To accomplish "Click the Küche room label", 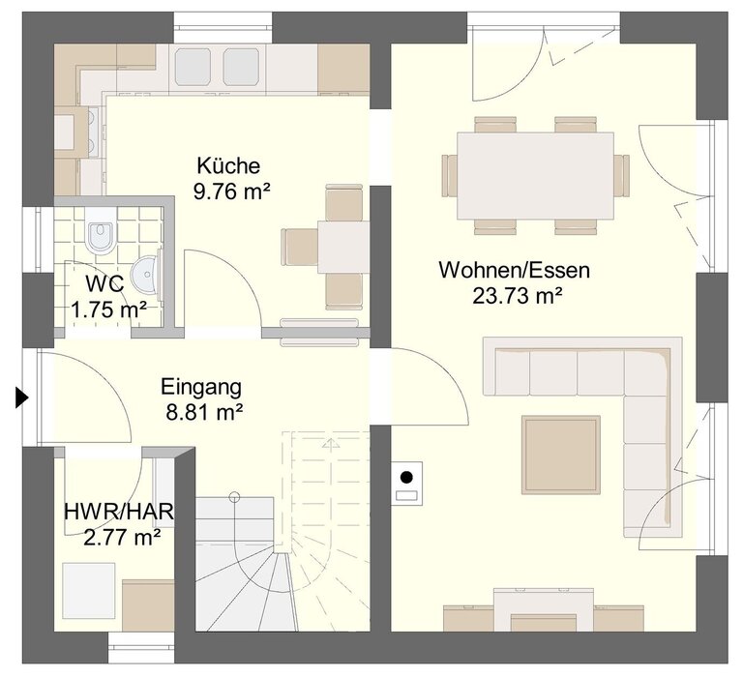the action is pyautogui.click(x=228, y=165).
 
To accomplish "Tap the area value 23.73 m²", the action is pyautogui.click(x=517, y=297).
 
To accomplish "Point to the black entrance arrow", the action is pyautogui.click(x=22, y=397).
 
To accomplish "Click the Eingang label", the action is pyautogui.click(x=201, y=387).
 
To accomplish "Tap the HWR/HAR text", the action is pyautogui.click(x=118, y=513).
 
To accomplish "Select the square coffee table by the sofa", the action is pyautogui.click(x=561, y=455).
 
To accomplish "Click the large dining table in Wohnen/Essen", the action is pyautogui.click(x=535, y=176).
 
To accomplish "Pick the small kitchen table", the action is pyautogui.click(x=343, y=247).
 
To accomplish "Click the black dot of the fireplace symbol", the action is pyautogui.click(x=406, y=477).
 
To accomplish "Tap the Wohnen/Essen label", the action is pyautogui.click(x=514, y=270).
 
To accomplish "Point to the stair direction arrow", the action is pyautogui.click(x=331, y=444).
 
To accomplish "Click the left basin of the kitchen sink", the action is pyautogui.click(x=193, y=67).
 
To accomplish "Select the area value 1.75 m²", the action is pyautogui.click(x=108, y=310).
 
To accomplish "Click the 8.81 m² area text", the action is pyautogui.click(x=204, y=412).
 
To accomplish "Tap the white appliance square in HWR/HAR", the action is pyautogui.click(x=89, y=590).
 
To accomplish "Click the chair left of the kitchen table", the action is pyautogui.click(x=300, y=247).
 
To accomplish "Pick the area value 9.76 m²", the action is pyautogui.click(x=232, y=191).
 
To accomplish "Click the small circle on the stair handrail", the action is pyautogui.click(x=234, y=497).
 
